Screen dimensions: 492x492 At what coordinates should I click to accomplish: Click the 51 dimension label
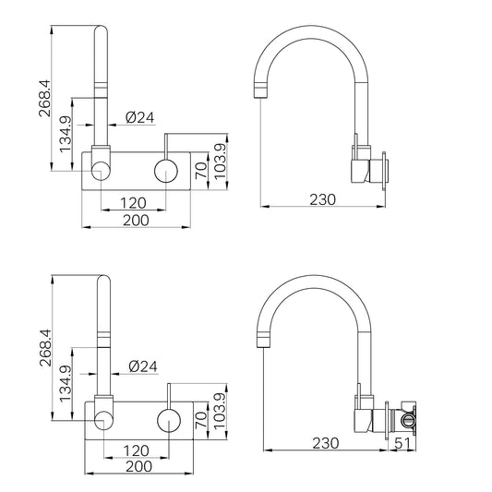point(402,443)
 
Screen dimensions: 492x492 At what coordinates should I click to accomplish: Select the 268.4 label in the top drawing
point(44,99)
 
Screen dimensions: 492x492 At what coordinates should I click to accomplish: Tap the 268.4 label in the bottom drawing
point(46,348)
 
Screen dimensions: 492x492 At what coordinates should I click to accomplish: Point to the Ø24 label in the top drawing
point(140,117)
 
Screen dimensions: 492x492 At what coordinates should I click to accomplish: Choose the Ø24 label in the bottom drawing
point(143,366)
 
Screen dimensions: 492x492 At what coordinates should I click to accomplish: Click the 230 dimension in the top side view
point(322,199)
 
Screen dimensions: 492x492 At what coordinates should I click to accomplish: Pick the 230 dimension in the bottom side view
point(326,443)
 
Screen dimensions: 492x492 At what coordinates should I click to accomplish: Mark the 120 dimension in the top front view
point(133,203)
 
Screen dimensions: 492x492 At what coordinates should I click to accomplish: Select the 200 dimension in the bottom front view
point(139,466)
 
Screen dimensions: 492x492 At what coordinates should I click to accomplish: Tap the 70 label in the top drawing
point(201,171)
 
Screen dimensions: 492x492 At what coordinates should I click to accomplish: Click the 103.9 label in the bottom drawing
point(220,411)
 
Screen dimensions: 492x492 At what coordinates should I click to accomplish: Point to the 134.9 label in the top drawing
point(66,135)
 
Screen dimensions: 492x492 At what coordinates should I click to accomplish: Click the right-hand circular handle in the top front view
point(166,171)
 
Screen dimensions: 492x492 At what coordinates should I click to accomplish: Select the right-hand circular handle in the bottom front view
point(169,420)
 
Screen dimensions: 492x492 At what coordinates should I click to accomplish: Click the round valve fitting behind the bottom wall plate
point(408,420)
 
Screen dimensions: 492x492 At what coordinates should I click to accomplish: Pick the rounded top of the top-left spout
point(101,27)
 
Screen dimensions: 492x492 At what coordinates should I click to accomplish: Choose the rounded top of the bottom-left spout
point(104,276)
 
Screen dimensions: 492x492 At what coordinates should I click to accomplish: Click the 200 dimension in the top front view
point(136,221)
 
